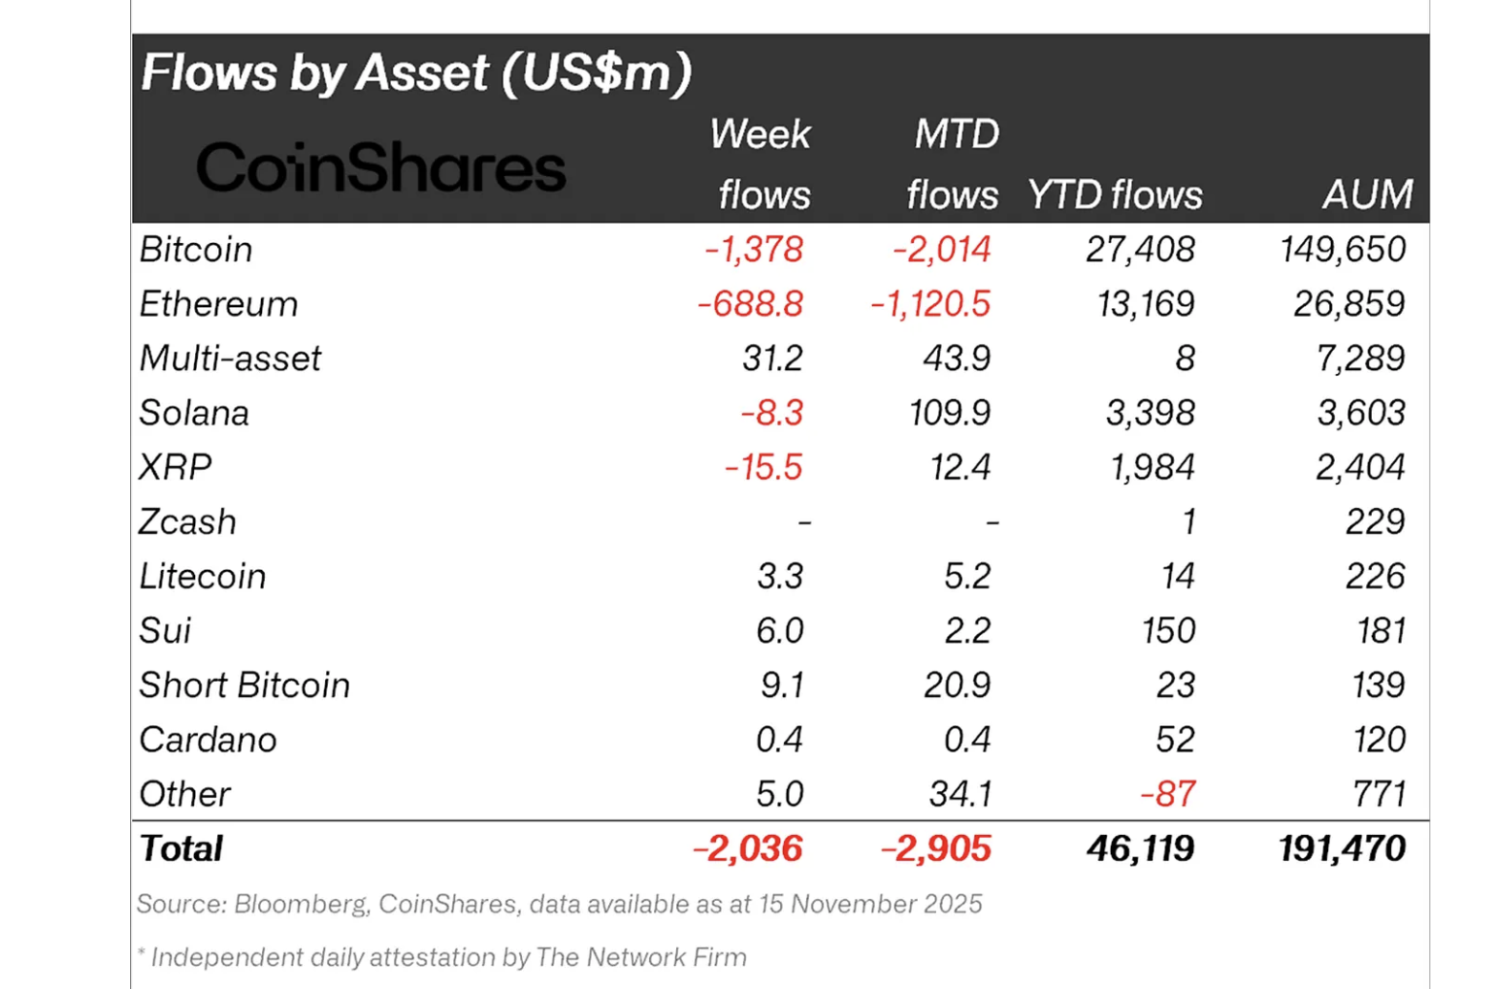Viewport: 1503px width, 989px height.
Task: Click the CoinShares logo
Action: pyautogui.click(x=381, y=167)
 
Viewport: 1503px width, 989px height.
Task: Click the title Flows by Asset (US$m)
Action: pyautogui.click(x=416, y=73)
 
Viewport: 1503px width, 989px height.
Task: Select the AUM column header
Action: pyautogui.click(x=1367, y=195)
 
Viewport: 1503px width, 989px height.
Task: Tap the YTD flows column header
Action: pyautogui.click(x=1114, y=195)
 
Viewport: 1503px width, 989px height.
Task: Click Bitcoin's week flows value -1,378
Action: pyautogui.click(x=753, y=250)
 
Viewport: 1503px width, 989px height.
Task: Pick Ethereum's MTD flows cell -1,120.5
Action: pyautogui.click(x=929, y=304)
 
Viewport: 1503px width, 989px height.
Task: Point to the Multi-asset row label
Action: pyautogui.click(x=229, y=359)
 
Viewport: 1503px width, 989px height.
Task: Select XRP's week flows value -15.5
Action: pyautogui.click(x=763, y=468)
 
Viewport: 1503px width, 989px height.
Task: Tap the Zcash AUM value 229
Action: pyautogui.click(x=1375, y=522)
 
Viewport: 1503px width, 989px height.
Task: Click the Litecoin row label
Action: pyautogui.click(x=203, y=577)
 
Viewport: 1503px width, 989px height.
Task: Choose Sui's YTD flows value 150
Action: pyautogui.click(x=1167, y=631)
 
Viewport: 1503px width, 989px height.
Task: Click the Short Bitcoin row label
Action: pyautogui.click(x=245, y=686)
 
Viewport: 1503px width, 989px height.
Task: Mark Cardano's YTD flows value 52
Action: pyautogui.click(x=1174, y=740)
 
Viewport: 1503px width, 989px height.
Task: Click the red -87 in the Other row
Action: pyautogui.click(x=1167, y=795)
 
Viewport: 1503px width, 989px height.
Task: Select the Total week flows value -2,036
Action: pyautogui.click(x=748, y=849)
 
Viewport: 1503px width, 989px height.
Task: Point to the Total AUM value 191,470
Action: pyautogui.click(x=1341, y=849)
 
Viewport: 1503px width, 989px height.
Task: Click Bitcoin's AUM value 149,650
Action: pyautogui.click(x=1342, y=250)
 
